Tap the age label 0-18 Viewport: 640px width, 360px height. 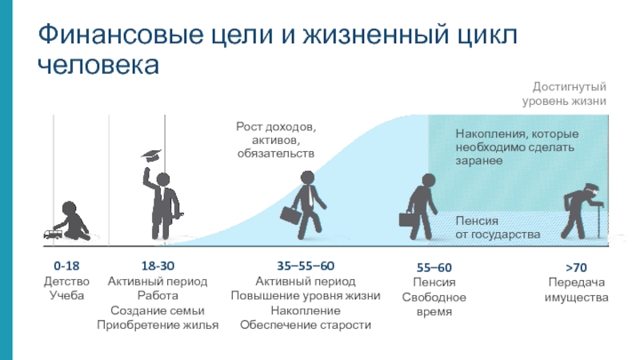[66, 266]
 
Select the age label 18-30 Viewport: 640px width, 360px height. [158, 266]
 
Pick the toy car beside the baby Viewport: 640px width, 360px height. [50, 234]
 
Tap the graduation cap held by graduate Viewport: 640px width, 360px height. [150, 155]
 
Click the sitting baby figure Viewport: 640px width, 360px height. [74, 221]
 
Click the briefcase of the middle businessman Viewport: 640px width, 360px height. [290, 215]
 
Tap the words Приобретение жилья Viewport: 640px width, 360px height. [158, 325]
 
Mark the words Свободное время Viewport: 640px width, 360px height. [434, 304]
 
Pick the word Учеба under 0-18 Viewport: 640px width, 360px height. [66, 295]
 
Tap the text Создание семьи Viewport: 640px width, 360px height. [158, 310]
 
